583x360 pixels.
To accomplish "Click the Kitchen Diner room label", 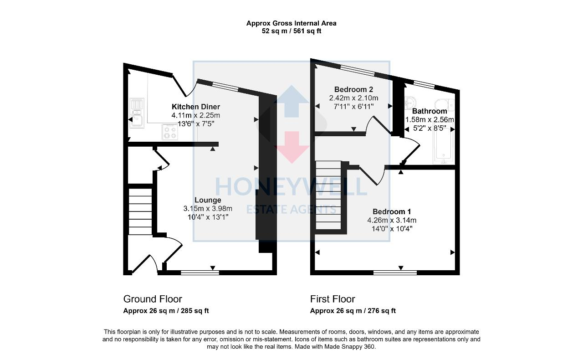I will coord(195,107).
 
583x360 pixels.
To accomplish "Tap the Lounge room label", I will coord(208,200).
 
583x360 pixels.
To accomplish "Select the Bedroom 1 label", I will coord(392,211).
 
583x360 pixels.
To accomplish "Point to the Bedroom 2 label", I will coord(353,89).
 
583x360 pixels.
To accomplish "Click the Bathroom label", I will coord(430,111).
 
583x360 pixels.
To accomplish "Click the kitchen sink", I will coord(137,113).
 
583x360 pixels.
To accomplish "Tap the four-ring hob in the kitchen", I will coord(170,132).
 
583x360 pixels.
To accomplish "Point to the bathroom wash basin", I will coord(410,102).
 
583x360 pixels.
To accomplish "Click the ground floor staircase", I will coord(140,211).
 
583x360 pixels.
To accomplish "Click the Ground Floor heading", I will coord(153,299).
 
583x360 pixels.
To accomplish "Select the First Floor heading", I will coord(332,299).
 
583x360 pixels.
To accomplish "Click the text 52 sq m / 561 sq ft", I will coord(291,31).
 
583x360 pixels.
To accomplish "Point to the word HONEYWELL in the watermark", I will coord(291,186).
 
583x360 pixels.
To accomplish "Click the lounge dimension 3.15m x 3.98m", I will coord(207,209).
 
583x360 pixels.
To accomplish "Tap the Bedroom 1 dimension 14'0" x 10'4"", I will coord(392,229).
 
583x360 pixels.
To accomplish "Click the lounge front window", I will coord(200,273).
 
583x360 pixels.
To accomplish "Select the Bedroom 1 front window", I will coord(395,273).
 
